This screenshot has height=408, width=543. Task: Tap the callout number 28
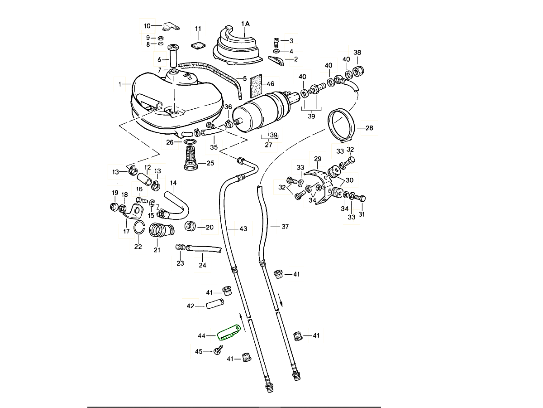[x=369, y=128]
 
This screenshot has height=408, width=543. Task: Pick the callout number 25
[x=210, y=163]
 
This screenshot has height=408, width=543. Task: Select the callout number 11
[x=198, y=29]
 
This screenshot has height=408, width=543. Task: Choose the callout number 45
[x=199, y=351]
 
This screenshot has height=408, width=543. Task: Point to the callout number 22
[x=138, y=247]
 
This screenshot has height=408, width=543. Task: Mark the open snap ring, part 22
[x=138, y=227]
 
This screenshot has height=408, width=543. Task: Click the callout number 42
[x=191, y=306]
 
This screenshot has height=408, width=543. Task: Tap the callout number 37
[x=285, y=227]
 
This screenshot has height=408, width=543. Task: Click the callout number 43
[x=243, y=229]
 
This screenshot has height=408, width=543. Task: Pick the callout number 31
[x=361, y=214]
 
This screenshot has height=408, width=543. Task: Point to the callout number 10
[x=147, y=25]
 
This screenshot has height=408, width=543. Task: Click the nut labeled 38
[x=357, y=71]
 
